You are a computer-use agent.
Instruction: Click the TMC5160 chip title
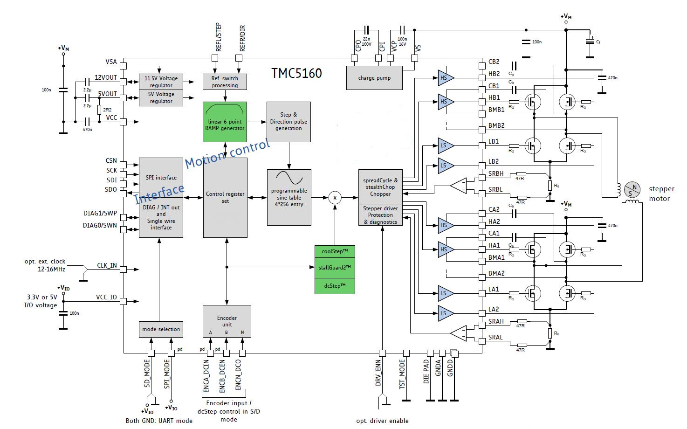pos(296,73)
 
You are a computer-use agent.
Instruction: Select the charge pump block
pos(374,78)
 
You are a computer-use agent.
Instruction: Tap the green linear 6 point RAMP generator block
pos(225,122)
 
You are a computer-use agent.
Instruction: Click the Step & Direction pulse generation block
pos(289,122)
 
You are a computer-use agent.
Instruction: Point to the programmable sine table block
pos(289,197)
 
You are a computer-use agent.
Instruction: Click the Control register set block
pos(225,197)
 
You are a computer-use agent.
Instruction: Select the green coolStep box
pos(335,251)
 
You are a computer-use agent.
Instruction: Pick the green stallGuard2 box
pos(335,268)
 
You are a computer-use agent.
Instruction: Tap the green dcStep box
pos(335,285)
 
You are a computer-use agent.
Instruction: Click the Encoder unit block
pos(227,321)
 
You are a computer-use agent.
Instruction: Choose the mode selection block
pos(161,329)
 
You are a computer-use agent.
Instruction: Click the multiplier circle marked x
pos(335,198)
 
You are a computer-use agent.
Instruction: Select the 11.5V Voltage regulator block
pos(161,82)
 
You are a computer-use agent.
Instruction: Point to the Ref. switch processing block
pos(225,82)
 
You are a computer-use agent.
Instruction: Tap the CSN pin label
pos(111,161)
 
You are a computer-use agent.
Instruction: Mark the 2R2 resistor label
pos(107,110)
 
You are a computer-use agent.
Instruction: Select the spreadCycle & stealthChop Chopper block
pos(380,187)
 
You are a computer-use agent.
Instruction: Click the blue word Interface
pos(159,194)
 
